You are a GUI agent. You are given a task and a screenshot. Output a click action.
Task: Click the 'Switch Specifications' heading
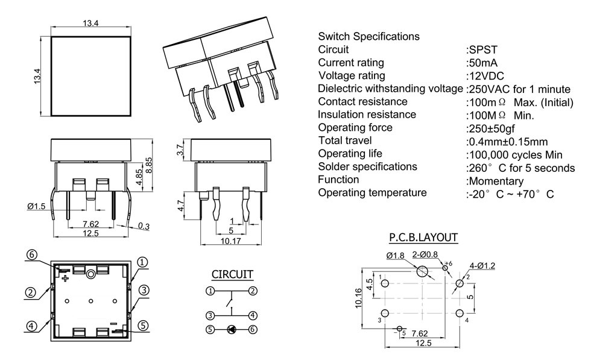click(x=368, y=36)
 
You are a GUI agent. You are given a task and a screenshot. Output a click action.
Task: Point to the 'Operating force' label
click(x=355, y=127)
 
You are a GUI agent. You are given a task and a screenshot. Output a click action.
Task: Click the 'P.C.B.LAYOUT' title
click(x=423, y=238)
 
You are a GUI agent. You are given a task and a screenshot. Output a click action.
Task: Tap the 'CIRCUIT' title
click(x=232, y=274)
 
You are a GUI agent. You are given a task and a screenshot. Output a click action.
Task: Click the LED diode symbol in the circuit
click(x=232, y=329)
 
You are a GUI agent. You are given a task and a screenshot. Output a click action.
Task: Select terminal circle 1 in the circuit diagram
click(x=210, y=291)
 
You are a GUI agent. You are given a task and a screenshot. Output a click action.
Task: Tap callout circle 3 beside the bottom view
click(x=143, y=290)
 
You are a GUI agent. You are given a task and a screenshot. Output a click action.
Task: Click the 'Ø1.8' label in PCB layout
click(x=396, y=256)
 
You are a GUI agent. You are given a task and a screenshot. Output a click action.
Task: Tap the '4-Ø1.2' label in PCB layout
click(x=482, y=266)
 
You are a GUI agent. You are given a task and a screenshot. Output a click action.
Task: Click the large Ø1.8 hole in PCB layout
click(x=425, y=271)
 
